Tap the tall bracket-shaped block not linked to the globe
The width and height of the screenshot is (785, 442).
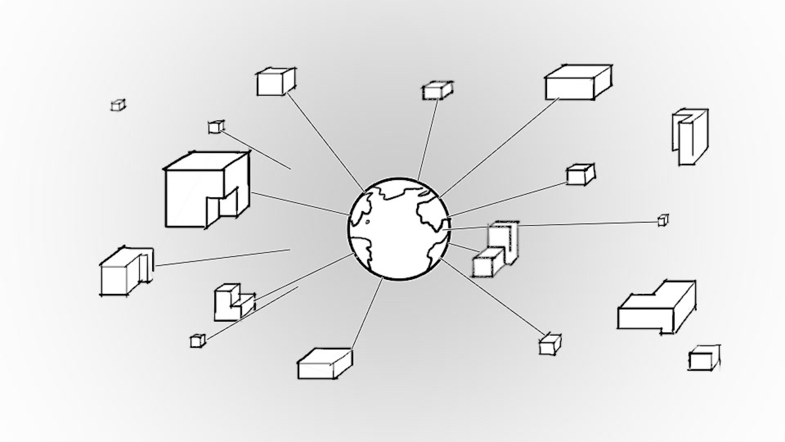(x=689, y=136)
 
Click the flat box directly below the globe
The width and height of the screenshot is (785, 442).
(x=324, y=363)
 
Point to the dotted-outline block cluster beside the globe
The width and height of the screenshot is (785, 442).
(x=495, y=252)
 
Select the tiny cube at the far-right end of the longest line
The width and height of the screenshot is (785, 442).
(x=663, y=220)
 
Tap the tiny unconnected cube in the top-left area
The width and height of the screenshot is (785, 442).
(x=118, y=105)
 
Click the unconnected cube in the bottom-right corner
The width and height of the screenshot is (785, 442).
(x=703, y=358)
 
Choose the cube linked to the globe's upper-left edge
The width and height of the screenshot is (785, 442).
(x=275, y=82)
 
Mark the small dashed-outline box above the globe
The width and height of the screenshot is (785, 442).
(x=437, y=91)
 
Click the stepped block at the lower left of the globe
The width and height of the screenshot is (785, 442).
(x=232, y=303)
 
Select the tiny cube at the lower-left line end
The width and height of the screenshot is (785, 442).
(x=196, y=341)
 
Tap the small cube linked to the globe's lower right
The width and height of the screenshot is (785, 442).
(x=550, y=345)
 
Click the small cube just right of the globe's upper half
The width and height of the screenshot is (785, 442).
(x=580, y=175)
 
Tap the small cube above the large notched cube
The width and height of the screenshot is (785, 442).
(x=216, y=127)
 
